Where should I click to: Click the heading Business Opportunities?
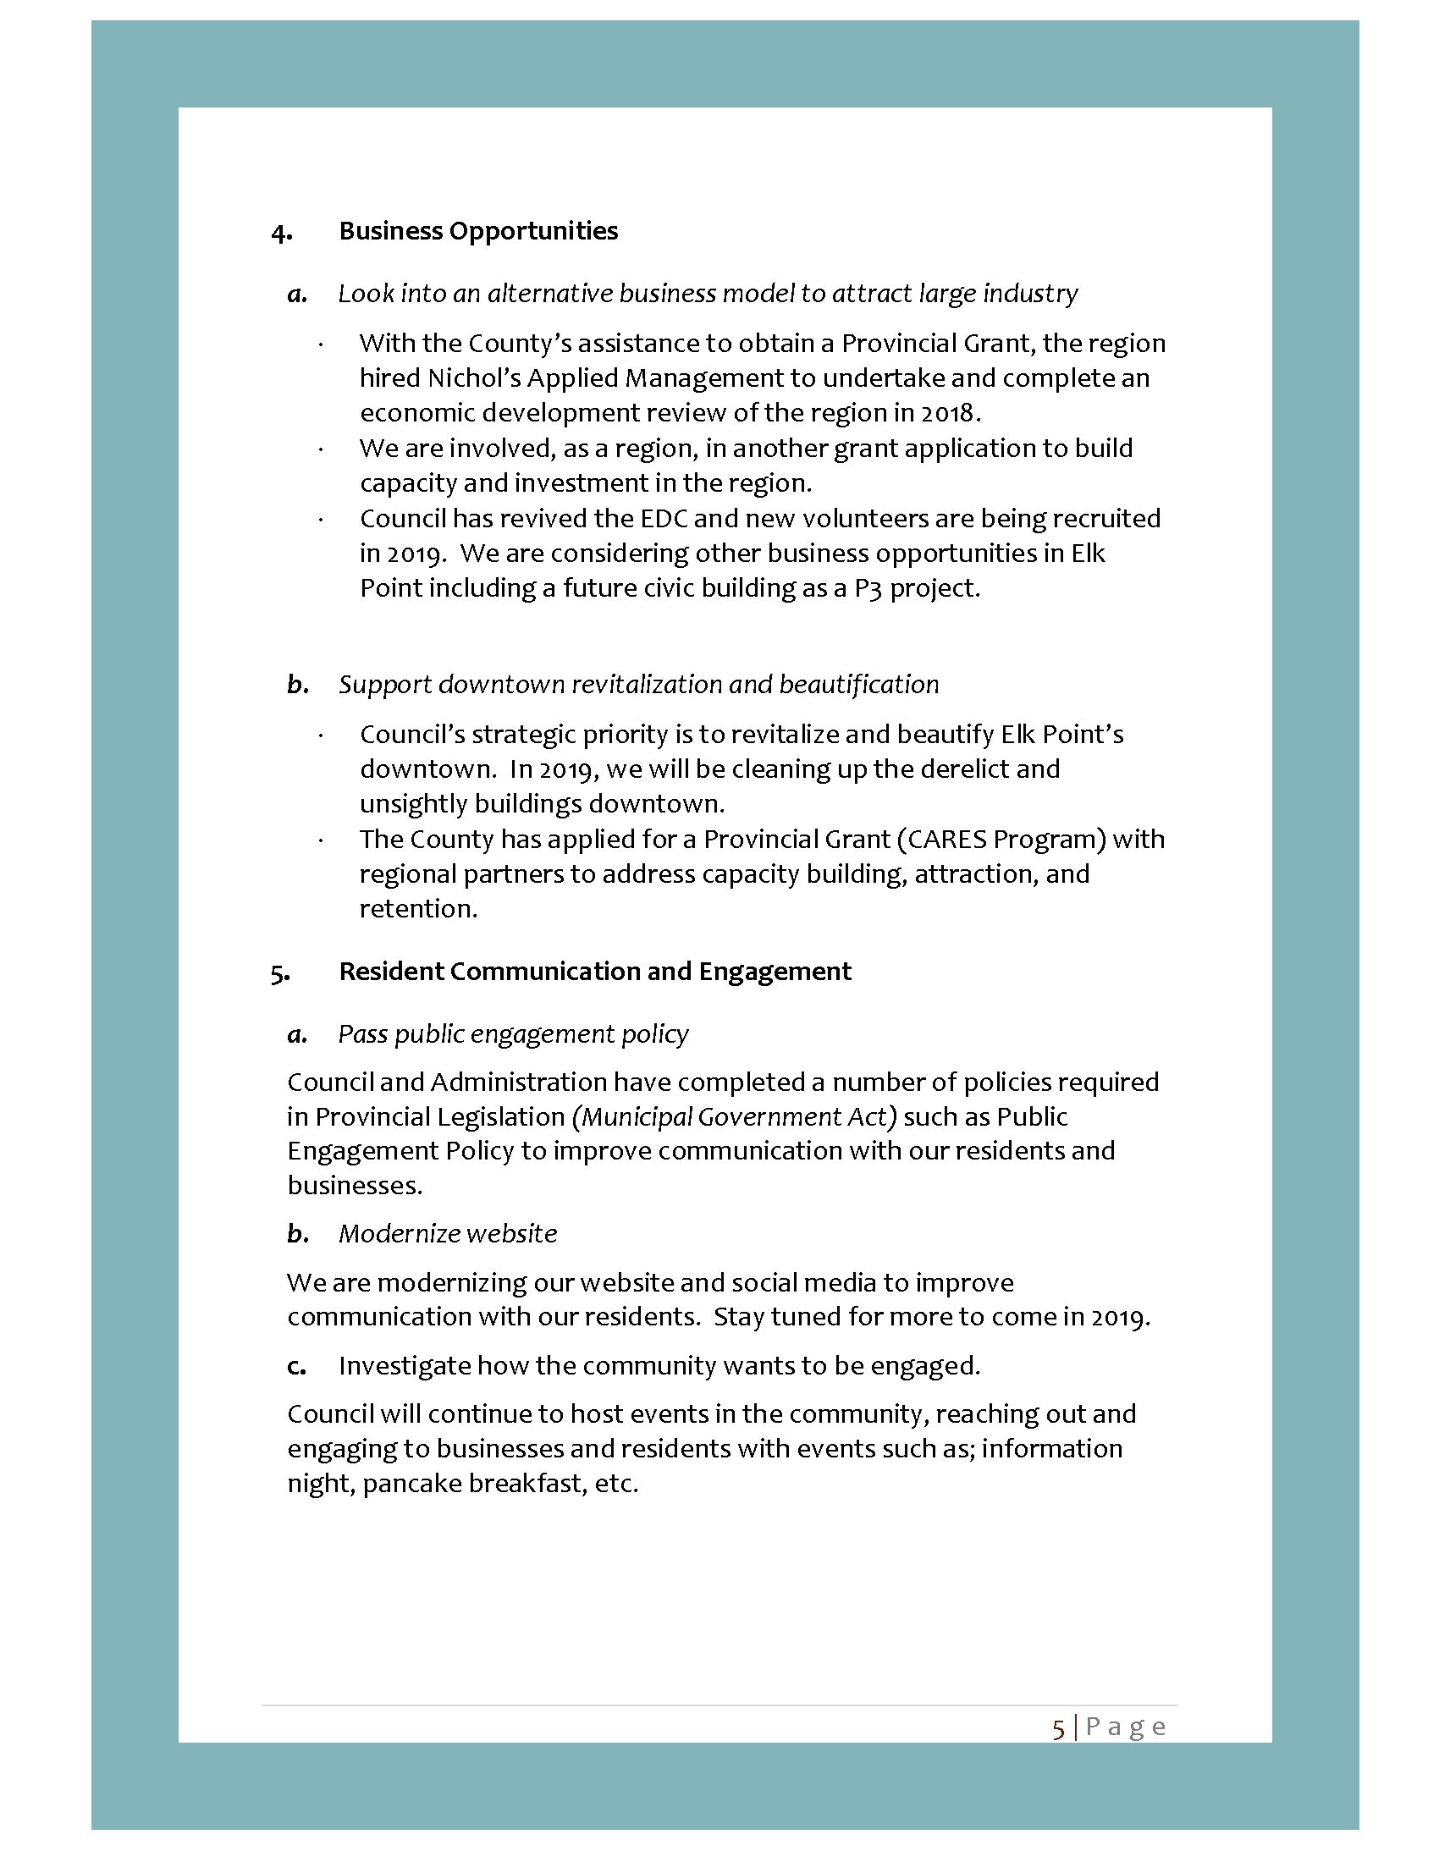(x=478, y=231)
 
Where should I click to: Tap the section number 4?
(x=281, y=233)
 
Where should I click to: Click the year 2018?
(x=947, y=413)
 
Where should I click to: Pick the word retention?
(x=416, y=909)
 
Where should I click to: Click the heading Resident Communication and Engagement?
(x=595, y=972)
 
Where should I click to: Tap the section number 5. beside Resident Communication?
(x=280, y=973)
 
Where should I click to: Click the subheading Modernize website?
(x=448, y=1234)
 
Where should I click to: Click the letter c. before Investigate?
(x=296, y=1367)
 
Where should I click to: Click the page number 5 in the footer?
(x=1058, y=1728)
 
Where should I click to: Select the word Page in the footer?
(x=1125, y=1727)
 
